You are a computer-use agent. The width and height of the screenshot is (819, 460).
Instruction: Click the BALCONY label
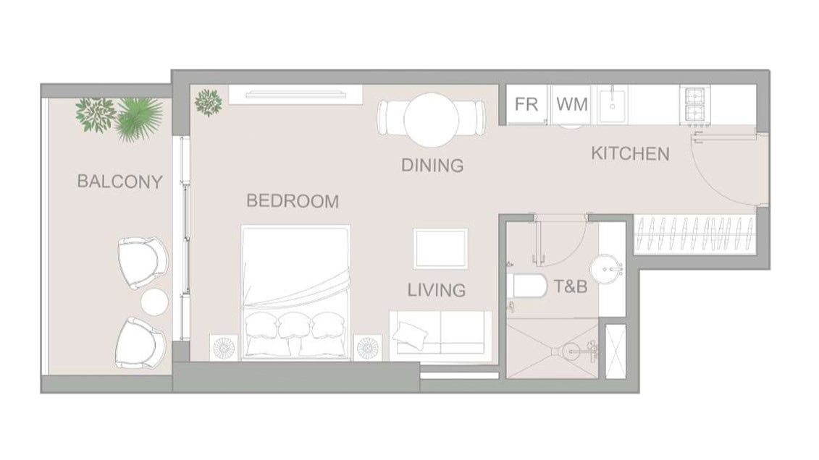[119, 182]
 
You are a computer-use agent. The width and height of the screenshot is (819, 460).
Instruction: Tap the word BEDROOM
[293, 201]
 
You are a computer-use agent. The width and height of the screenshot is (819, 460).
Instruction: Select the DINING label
[432, 166]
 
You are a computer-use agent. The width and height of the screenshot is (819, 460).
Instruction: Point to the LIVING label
[436, 290]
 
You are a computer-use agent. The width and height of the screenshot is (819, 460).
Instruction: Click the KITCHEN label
[631, 154]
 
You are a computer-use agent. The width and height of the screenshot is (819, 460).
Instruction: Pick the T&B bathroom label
[571, 286]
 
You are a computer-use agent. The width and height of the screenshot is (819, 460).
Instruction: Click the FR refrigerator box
[526, 104]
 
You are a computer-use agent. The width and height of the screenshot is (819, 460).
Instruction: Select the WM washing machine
[571, 104]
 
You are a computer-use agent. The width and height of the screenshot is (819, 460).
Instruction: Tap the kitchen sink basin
[612, 104]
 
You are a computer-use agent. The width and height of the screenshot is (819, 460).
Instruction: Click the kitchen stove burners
[694, 106]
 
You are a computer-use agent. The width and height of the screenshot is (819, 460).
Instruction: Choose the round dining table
[432, 120]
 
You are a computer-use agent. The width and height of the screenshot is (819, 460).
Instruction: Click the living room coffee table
[440, 249]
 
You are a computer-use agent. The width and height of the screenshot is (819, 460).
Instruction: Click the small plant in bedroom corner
[209, 102]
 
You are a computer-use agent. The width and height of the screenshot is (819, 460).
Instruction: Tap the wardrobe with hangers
[694, 234]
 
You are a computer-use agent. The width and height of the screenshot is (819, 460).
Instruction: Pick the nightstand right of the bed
[368, 347]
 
